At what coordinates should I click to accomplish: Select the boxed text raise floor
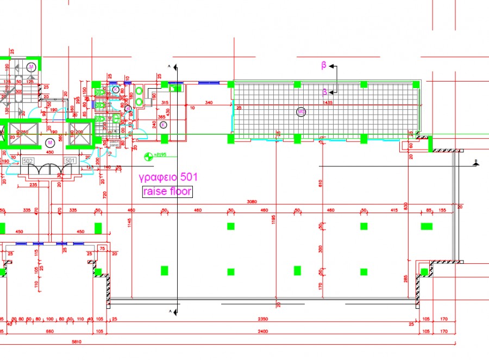click(167, 191)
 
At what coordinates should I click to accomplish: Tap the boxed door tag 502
click(28, 161)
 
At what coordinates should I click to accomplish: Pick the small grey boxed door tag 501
click(70, 161)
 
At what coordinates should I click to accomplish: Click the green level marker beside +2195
click(147, 157)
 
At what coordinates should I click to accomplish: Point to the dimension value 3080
click(249, 202)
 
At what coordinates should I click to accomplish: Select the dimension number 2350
click(264, 320)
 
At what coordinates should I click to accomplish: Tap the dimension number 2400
click(264, 331)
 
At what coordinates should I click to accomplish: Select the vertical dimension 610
click(321, 184)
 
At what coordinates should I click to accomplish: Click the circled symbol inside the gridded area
click(301, 112)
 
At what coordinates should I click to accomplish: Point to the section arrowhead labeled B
click(332, 66)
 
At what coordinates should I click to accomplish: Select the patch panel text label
click(114, 144)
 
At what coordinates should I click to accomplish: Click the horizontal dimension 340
click(209, 102)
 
